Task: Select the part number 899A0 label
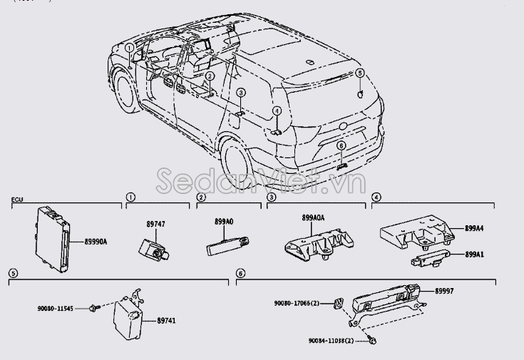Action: [224, 222]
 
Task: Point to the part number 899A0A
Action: [313, 217]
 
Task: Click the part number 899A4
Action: [475, 229]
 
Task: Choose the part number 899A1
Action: [475, 254]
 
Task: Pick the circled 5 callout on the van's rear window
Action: [359, 73]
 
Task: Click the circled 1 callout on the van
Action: [128, 48]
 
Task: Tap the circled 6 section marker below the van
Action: [240, 273]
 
